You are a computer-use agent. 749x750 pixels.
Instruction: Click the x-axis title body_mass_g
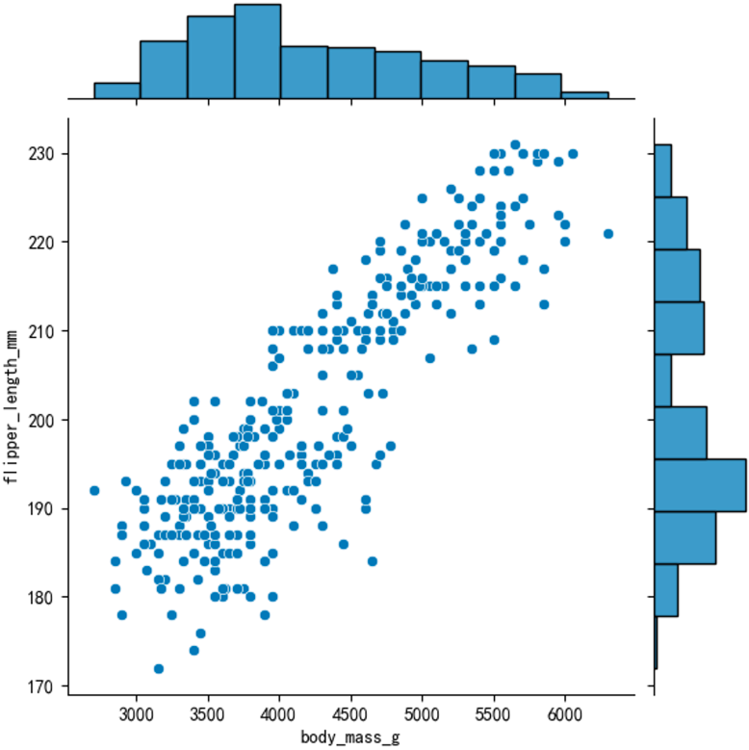pos(351,738)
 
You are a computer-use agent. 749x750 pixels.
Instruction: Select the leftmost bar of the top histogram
pos(116,91)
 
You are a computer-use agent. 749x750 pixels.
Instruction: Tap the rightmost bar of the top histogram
pos(584,94)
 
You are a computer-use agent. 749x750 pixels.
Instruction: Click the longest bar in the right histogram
pos(700,485)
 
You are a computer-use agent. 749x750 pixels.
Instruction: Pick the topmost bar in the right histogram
pos(662,170)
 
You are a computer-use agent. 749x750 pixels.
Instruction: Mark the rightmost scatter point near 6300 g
pos(607,233)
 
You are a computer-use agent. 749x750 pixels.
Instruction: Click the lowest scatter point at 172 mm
pos(159,668)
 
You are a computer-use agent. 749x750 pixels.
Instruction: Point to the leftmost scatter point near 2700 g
pos(94,490)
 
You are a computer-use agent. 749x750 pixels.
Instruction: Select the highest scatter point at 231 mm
pos(515,145)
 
